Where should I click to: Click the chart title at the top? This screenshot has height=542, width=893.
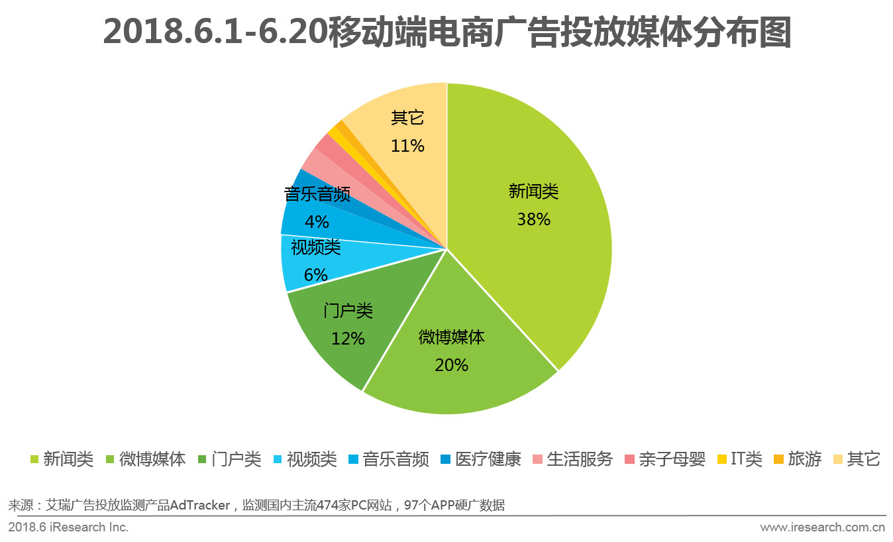click(x=447, y=32)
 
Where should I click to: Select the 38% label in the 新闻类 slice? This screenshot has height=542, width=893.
click(x=534, y=219)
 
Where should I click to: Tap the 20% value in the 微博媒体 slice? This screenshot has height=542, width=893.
click(x=452, y=364)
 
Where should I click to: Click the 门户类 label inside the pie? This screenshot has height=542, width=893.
click(x=348, y=311)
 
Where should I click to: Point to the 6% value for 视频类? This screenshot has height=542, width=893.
click(x=316, y=274)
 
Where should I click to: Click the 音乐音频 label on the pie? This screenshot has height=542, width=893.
click(x=317, y=194)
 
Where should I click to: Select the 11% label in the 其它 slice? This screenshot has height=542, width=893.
click(x=407, y=146)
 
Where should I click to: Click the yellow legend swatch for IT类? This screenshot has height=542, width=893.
click(x=722, y=459)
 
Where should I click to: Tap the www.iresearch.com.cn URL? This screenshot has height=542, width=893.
click(x=823, y=527)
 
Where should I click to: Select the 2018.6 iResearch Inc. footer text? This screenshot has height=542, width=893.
click(x=68, y=527)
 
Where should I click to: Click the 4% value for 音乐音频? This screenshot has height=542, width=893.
click(x=317, y=221)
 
